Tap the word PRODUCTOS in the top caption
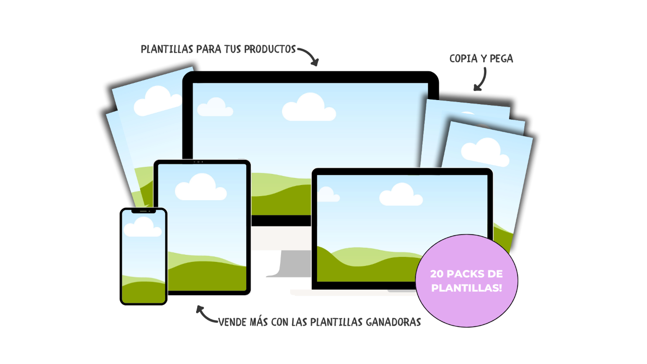(270, 50)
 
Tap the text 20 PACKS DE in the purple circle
(467, 274)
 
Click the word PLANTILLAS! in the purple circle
(467, 288)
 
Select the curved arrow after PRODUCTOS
(309, 56)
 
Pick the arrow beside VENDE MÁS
(206, 314)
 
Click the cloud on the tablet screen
(201, 188)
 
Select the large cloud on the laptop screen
(401, 195)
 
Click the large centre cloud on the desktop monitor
(309, 108)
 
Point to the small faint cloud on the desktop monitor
(215, 107)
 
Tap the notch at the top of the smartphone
(144, 211)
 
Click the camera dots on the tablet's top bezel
(198, 162)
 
